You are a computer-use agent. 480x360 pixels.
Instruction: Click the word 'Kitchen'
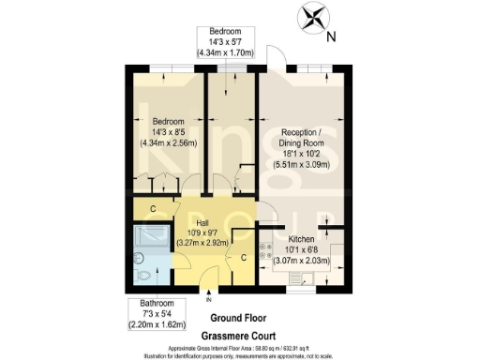[302, 238]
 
